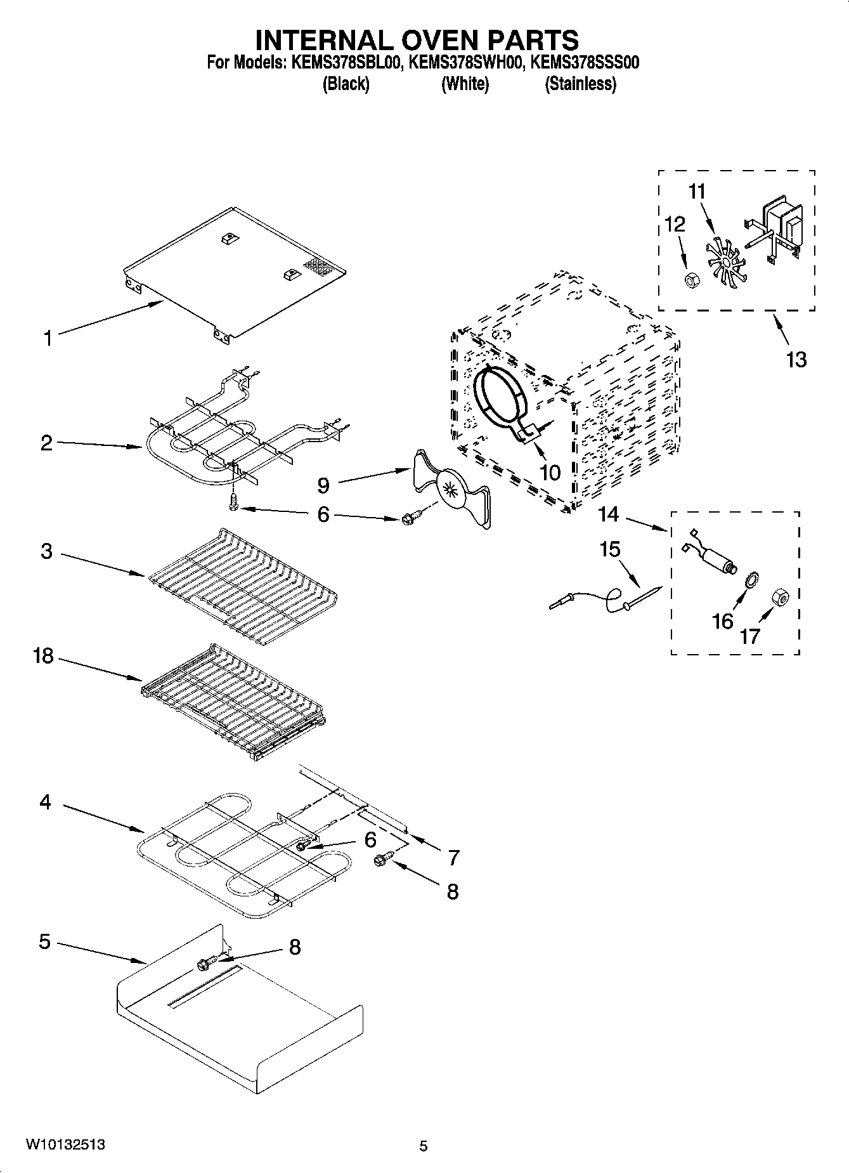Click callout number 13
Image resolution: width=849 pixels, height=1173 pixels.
[796, 360]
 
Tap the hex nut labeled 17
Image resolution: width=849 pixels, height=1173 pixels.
[779, 598]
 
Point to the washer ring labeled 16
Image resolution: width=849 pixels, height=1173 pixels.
[751, 579]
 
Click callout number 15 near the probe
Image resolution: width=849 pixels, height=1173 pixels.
[610, 549]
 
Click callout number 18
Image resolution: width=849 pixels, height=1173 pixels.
[43, 655]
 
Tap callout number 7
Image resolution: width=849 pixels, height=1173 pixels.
[453, 858]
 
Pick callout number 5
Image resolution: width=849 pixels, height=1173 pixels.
[44, 941]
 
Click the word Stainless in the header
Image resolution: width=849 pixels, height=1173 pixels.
[580, 84]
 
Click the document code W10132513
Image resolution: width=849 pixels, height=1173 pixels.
[65, 1144]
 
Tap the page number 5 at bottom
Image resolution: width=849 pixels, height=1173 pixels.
[424, 1146]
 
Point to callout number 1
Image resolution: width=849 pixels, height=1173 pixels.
[48, 338]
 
